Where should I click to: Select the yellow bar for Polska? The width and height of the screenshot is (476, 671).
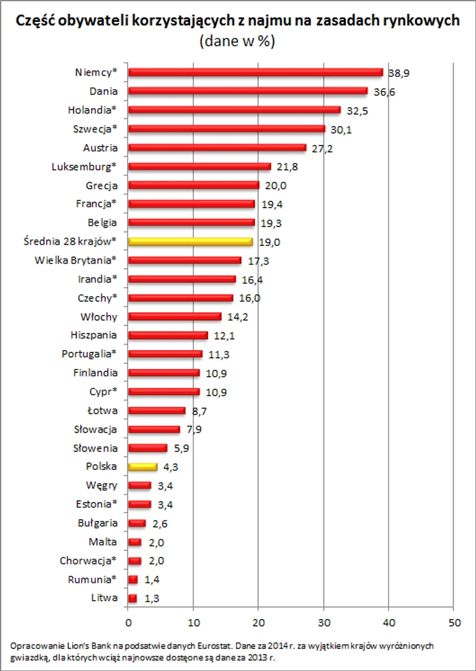tap(143, 466)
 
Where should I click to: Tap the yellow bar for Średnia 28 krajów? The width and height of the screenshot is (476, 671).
tap(190, 242)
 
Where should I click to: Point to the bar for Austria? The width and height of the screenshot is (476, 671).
tap(217, 148)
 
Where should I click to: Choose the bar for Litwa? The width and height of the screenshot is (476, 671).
tap(132, 598)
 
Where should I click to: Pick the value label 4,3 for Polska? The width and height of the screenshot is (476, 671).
tap(171, 467)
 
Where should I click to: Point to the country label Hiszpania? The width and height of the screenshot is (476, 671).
tap(93, 335)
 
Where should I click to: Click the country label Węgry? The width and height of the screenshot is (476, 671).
tap(102, 485)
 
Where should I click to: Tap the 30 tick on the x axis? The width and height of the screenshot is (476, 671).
tap(323, 622)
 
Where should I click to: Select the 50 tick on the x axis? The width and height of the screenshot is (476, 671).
tap(453, 622)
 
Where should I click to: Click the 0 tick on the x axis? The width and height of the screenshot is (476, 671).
tap(128, 622)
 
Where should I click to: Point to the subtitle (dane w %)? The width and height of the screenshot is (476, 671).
tap(238, 41)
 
